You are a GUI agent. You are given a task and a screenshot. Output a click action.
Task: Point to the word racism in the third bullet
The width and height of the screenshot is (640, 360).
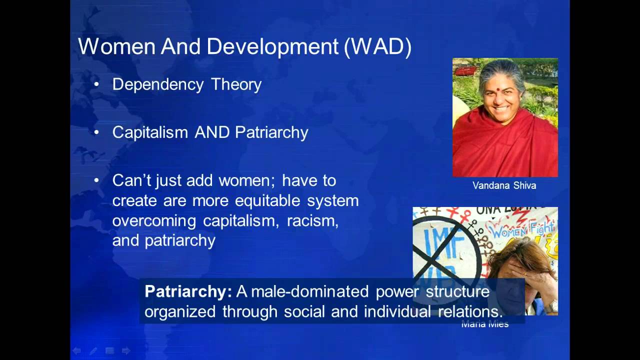click(x=312, y=220)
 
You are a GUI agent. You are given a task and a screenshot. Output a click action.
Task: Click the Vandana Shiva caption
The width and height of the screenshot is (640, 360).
click(x=504, y=185)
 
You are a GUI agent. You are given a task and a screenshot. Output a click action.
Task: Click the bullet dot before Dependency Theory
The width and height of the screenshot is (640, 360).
click(x=96, y=84)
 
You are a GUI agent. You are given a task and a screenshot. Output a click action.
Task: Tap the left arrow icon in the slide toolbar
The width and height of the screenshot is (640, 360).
click(x=76, y=351)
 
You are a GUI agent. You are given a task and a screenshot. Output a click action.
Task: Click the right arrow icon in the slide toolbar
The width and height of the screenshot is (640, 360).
click(x=126, y=351)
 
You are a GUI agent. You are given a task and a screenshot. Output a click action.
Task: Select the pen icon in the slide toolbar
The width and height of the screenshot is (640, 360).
click(x=93, y=351)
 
